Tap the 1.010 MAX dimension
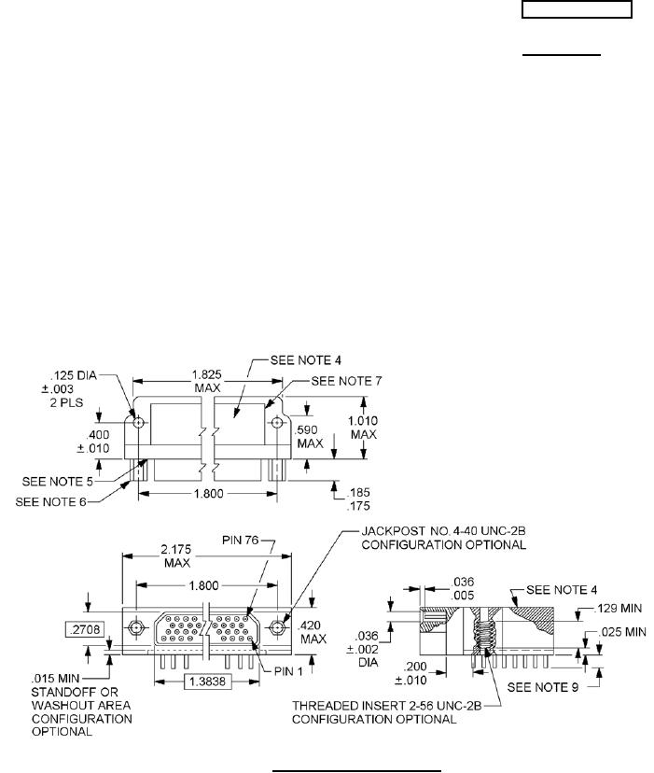364,427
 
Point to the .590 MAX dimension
308,436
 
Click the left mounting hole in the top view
138,422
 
